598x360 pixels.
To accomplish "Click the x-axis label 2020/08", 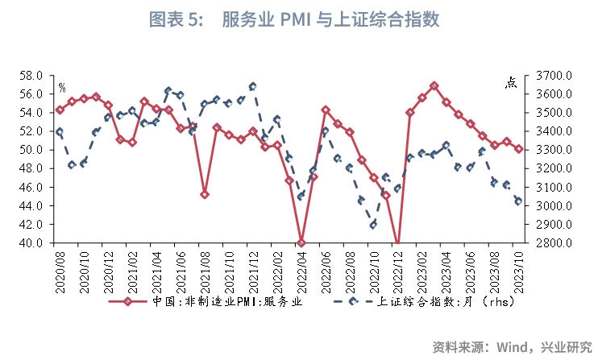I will (60, 270).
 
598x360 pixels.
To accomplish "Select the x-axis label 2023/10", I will (520, 270).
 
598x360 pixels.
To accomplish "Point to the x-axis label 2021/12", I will (254, 270).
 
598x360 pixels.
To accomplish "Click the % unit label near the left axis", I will (62, 87).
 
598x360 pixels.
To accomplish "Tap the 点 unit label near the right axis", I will (511, 82).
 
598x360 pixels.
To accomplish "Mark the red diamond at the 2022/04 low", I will (301, 242).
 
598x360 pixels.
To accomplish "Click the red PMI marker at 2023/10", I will (519, 149).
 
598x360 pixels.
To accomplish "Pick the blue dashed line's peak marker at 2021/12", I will (253, 85).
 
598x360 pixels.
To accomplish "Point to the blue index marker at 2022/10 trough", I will (374, 225).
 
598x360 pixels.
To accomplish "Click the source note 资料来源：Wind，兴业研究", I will (511, 347).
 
